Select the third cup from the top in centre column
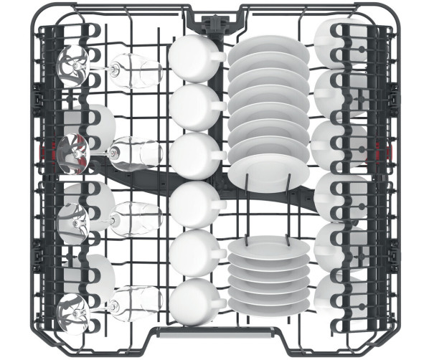192,154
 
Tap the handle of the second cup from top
218,108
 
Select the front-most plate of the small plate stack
269,302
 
